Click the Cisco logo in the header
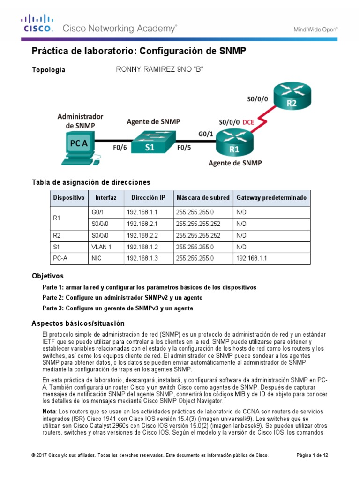coord(37,24)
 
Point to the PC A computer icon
coord(78,146)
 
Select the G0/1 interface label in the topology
coord(205,134)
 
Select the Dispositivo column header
coord(69,198)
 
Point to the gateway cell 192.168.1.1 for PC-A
coord(251,258)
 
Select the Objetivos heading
coord(47,276)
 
